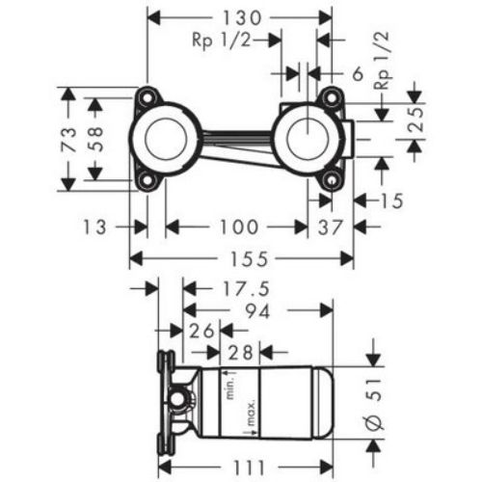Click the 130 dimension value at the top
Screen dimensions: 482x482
click(242, 18)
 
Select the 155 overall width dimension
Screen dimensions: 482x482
click(249, 259)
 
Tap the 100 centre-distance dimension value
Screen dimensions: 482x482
click(239, 227)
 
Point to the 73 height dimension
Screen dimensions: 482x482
click(69, 139)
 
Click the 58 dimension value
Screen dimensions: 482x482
click(95, 139)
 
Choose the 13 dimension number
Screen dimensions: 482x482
click(94, 227)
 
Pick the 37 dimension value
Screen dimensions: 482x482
click(330, 227)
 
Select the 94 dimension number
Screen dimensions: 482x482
click(257, 310)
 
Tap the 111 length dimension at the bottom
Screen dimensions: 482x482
click(249, 468)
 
